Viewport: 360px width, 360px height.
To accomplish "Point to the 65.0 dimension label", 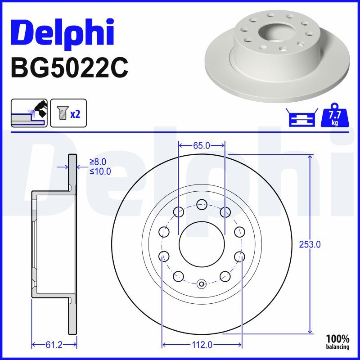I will (x=202, y=145).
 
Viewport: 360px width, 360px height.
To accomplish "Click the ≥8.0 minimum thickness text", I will (x=99, y=162).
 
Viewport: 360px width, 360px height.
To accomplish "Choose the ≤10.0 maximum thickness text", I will (x=100, y=171).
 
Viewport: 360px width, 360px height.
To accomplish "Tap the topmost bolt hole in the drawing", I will (x=202, y=204).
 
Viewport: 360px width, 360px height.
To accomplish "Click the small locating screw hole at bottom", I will (x=202, y=283).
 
